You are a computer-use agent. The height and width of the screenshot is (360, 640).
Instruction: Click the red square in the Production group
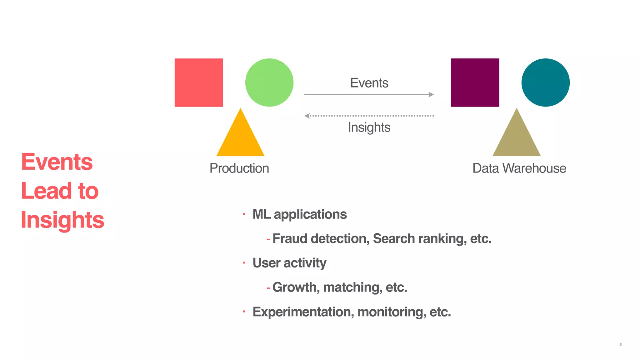[199, 82]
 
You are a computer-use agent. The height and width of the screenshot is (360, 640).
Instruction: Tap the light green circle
[269, 82]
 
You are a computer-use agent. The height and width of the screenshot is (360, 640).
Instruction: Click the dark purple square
[475, 82]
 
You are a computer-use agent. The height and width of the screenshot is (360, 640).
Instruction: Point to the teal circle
[545, 82]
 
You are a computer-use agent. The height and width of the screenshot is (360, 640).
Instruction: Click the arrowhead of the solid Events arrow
[431, 94]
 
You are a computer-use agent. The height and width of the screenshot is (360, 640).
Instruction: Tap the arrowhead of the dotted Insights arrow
[307, 116]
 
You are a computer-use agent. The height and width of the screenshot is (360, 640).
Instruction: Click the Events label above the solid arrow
[369, 83]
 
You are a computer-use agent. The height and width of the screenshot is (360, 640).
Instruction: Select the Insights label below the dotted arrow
[369, 127]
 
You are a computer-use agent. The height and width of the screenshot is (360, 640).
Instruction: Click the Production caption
[239, 168]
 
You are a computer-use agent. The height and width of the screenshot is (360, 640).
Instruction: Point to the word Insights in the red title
[62, 220]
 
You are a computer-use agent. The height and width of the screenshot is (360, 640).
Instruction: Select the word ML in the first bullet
[261, 214]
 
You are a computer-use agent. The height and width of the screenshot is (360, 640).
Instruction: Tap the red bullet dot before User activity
[244, 263]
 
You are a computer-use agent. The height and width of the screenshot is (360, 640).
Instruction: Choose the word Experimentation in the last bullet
[302, 312]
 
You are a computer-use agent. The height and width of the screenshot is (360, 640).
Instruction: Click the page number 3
[620, 345]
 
